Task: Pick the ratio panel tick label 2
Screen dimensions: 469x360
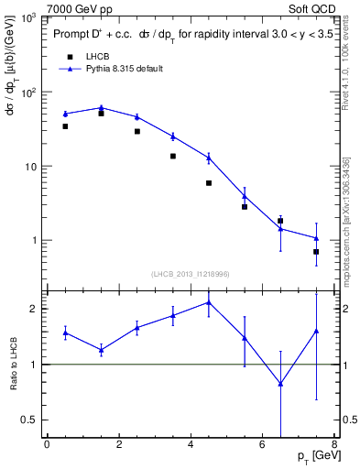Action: point(34,309)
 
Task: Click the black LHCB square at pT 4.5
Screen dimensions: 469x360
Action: point(209,183)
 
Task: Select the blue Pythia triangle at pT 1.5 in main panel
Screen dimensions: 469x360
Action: point(101,107)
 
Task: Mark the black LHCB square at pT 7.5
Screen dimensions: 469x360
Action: point(316,251)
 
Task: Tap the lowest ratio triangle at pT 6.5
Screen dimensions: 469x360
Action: point(280,384)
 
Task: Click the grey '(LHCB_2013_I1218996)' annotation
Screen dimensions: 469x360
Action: point(190,275)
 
